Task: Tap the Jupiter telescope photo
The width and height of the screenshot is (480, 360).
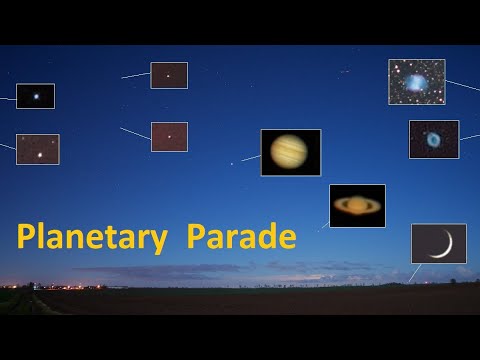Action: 290,152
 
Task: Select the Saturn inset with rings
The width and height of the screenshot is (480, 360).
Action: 357,205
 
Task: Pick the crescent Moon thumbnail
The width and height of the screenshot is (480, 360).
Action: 439,243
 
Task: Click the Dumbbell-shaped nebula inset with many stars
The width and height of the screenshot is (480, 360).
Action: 416,81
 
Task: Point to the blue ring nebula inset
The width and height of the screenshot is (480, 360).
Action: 434,139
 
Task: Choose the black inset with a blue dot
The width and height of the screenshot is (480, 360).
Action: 36,96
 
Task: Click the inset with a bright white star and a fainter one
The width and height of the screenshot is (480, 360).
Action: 38,149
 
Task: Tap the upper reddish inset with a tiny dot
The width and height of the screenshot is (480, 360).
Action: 169,75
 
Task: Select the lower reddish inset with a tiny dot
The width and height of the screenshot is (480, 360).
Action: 169,136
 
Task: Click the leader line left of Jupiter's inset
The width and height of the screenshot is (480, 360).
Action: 250,158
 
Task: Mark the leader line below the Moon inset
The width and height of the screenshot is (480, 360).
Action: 414,272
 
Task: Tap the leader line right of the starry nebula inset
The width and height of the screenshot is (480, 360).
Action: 462,86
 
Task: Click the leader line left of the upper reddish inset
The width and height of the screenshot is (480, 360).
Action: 135,75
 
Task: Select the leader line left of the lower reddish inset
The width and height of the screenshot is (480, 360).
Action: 135,133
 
